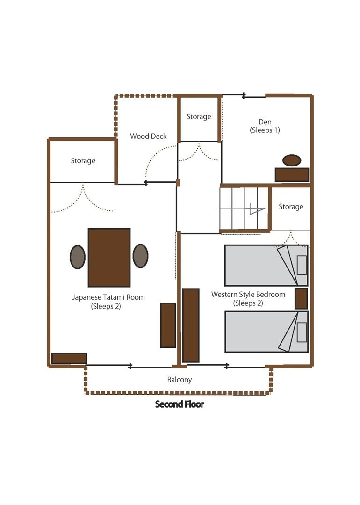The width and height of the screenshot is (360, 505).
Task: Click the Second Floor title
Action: coord(180,404)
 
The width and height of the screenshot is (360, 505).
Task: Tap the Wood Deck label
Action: coord(149,136)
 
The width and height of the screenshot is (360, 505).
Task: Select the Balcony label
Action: coord(180,380)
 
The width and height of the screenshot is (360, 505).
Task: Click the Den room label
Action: coord(265,126)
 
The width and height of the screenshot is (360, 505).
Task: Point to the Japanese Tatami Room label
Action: coord(108,302)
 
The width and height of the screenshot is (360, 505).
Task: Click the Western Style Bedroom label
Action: coord(248,298)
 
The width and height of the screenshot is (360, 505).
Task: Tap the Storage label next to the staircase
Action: coord(291,207)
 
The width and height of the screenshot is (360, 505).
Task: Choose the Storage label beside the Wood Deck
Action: coord(199,116)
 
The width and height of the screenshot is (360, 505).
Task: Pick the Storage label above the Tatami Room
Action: coord(83,161)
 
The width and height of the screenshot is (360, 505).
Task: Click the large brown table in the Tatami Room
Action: coord(109,258)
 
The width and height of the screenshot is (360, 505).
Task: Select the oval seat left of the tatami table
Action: coord(78,257)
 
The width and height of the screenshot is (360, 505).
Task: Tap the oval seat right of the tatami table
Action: coord(140,256)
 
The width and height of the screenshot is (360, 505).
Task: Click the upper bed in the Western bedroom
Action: coord(266,266)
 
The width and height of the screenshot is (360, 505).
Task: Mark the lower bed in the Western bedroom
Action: coord(266,332)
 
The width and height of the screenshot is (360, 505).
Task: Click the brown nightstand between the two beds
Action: coord(301,299)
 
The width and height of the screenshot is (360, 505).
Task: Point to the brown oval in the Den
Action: coord(292,160)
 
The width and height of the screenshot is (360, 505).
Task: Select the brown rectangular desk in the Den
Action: coord(292,175)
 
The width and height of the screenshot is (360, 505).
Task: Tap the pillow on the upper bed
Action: coord(302,265)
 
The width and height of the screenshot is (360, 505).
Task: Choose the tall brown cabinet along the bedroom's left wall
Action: coord(191,325)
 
